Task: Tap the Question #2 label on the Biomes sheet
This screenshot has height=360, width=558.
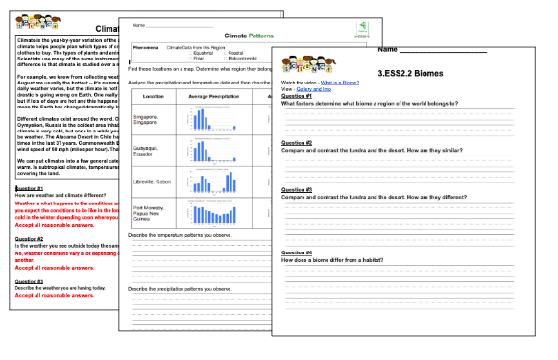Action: click(296, 141)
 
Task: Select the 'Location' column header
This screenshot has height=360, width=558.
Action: click(154, 96)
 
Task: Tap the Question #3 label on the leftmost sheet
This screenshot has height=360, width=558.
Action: click(29, 280)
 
